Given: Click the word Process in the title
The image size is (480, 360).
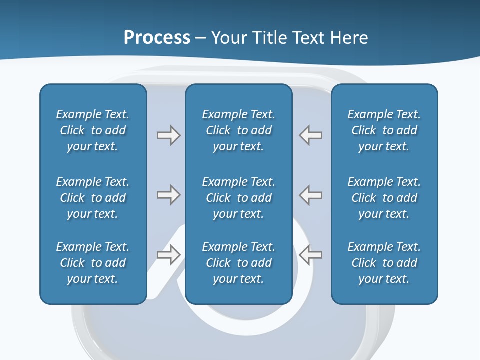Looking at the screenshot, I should tap(157, 38).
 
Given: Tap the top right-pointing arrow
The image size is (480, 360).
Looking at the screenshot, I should tap(168, 135).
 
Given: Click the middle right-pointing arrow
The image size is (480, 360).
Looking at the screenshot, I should tap(168, 195).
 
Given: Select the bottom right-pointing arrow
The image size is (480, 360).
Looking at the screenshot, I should tap(168, 255).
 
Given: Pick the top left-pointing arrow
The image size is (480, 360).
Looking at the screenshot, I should tap(310, 135).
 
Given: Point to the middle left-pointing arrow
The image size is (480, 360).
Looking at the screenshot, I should tap(310, 195).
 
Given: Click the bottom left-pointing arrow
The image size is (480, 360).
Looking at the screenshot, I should tap(310, 255).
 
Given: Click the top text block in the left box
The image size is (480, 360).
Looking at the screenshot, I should tap(93, 130).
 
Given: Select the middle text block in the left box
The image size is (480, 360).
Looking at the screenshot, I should tap(93, 198).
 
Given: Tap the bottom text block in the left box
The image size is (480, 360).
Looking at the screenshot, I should tap(93, 263).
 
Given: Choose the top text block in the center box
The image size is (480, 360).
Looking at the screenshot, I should tap(238, 130).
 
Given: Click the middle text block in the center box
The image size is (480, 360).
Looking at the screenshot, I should tap(238, 198).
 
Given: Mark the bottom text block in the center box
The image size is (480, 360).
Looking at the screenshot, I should tap(238, 263).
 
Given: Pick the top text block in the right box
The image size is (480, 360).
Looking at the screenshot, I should tap(384, 130).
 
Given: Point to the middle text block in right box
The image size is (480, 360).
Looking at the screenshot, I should tap(384, 198).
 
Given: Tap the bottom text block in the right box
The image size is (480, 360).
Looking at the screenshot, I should tap(384, 263).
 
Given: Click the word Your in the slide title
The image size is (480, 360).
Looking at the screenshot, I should tap(229, 38).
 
